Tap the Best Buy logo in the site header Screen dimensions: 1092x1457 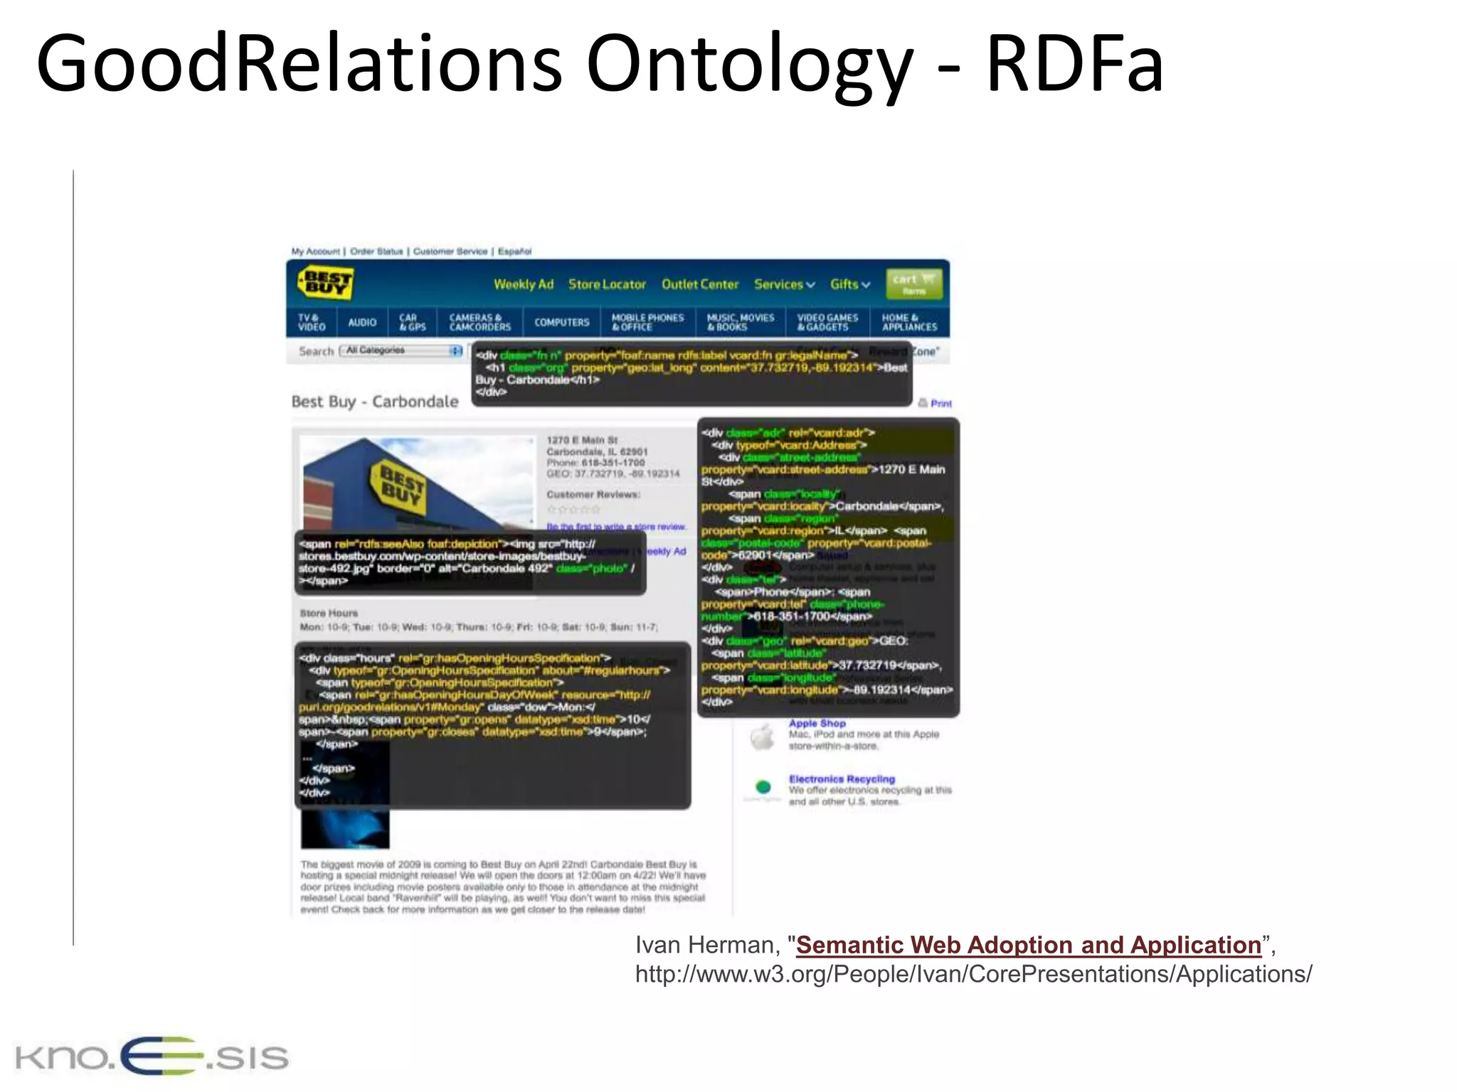pos(325,283)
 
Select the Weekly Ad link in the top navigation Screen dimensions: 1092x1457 pos(524,284)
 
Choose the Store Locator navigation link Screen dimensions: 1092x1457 pos(607,284)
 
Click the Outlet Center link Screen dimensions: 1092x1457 pos(700,284)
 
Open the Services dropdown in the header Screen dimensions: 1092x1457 pos(784,284)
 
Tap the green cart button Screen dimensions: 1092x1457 pos(914,284)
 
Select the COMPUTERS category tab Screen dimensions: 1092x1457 pos(562,322)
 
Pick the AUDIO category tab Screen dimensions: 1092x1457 pos(362,322)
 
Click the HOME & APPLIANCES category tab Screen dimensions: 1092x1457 pos(909,322)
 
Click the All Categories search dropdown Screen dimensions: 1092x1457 pos(402,350)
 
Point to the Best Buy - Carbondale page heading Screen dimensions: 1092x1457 pos(375,402)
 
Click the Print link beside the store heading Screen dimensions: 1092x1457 pos(940,403)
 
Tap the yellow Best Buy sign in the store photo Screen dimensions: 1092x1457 pos(400,486)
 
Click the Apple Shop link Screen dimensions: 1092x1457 pos(817,723)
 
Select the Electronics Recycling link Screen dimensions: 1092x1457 pos(842,779)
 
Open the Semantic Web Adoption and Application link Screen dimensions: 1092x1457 pos(1028,945)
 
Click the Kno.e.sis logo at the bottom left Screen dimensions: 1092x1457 pos(152,1056)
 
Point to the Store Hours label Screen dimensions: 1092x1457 pos(329,613)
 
